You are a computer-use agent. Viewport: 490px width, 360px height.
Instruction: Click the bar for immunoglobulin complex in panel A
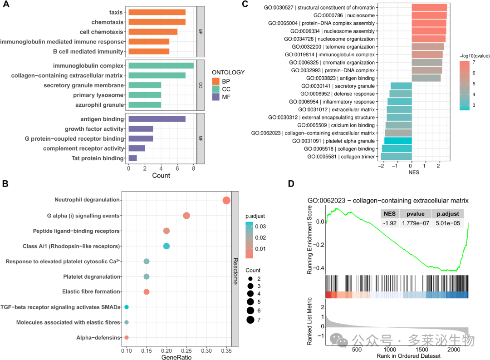coord(161,66)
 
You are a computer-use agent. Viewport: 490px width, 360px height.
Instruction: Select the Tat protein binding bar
coord(133,158)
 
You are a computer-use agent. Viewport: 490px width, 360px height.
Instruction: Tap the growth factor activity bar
coord(141,129)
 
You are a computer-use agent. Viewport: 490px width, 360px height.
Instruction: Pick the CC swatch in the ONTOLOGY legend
coord(216,89)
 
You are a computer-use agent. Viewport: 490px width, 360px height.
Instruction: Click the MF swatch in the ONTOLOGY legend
coord(216,97)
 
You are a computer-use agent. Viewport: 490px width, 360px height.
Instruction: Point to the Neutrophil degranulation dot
coord(226,201)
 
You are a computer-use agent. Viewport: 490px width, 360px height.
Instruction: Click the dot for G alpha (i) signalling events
coord(186,216)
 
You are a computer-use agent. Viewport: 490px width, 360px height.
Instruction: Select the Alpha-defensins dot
coord(127,337)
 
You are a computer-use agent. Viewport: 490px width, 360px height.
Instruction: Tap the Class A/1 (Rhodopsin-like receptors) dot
coord(167,246)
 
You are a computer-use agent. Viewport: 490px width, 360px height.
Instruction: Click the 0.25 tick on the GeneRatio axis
coord(186,351)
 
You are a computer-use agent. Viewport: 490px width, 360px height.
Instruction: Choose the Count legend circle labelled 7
coord(250,320)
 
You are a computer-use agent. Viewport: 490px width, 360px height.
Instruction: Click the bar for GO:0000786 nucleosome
coord(429,15)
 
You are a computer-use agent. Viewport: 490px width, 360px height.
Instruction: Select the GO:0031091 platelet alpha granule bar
coord(398,141)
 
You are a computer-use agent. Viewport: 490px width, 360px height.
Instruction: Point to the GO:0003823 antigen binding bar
coord(426,78)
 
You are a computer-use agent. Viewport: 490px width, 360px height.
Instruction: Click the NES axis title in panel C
coord(414,173)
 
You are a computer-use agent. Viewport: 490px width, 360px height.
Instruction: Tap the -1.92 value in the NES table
coord(390,223)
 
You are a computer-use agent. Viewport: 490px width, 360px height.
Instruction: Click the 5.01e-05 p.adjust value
coord(448,223)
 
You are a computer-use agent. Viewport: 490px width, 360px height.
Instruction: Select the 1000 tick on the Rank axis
coord(390,350)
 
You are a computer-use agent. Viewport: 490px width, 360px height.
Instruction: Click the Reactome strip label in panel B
coord(235,271)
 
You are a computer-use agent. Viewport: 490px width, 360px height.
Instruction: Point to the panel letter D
coord(291,183)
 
